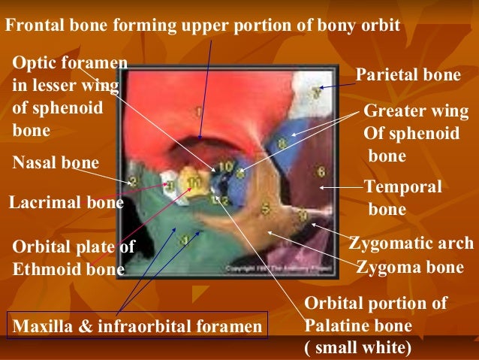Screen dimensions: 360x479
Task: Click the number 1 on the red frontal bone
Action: pos(198,112)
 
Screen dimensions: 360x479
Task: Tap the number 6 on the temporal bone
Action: pos(321,171)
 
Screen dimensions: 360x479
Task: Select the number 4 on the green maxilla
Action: pos(182,241)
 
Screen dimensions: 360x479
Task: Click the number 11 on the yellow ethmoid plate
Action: pos(194,181)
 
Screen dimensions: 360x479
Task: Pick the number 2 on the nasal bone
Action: pos(133,181)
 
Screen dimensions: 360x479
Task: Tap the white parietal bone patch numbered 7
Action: pos(316,91)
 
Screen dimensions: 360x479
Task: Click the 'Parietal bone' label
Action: pos(408,77)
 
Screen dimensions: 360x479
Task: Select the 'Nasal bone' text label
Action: pos(56,162)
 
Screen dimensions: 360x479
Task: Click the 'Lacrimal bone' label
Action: pos(65,202)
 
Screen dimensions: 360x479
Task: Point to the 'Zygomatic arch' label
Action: pos(411,244)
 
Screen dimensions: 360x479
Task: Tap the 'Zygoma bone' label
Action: pos(417,267)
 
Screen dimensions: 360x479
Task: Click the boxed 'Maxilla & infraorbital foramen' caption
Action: pos(137,326)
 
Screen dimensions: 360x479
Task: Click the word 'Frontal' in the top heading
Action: pos(33,26)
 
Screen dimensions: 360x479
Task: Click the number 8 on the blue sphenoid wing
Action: pos(282,142)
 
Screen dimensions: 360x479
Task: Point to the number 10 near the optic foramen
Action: pos(225,166)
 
